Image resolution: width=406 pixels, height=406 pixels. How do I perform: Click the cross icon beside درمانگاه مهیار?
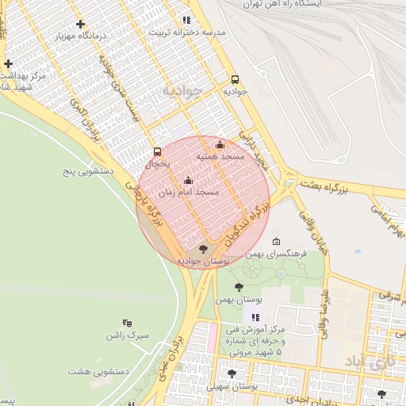80,25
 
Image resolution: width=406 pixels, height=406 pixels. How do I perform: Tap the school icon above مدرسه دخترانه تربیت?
186,20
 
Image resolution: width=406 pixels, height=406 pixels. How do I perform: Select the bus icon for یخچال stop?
157,151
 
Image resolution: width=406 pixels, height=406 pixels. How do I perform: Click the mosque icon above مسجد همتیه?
220,144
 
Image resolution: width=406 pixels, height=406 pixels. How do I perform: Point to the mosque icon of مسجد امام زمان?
188,180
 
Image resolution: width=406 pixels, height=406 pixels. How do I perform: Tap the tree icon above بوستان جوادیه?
204,250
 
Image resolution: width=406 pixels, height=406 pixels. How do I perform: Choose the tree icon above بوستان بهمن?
239,287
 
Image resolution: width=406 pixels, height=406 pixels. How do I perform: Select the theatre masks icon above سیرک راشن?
126,323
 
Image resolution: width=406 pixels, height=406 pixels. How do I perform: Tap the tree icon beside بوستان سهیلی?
232,373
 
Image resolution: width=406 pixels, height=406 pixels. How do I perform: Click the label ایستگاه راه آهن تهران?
358,4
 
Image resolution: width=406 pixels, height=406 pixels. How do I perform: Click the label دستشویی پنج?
90,170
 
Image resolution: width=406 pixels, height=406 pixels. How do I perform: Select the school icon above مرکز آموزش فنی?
255,317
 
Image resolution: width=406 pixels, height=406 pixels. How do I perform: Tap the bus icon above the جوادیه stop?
235,79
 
